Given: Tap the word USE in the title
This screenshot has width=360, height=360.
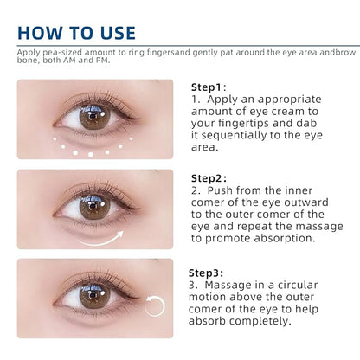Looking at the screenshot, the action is [x=118, y=33].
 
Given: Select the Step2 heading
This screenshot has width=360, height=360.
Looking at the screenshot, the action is [x=209, y=178].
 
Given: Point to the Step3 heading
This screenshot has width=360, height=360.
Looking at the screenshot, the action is [x=206, y=273].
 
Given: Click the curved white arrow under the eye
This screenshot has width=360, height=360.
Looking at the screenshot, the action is [x=100, y=240].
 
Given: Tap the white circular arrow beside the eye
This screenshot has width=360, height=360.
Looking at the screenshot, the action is [x=155, y=306].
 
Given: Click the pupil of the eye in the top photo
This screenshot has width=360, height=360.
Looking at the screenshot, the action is [x=93, y=116].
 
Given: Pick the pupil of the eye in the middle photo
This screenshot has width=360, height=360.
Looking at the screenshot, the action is [x=93, y=206].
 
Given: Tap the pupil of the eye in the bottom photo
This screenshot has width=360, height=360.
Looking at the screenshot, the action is [x=93, y=295].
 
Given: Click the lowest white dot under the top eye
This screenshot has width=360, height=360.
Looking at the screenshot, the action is [x=91, y=155].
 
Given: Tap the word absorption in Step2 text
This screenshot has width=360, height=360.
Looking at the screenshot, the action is [x=285, y=239].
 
